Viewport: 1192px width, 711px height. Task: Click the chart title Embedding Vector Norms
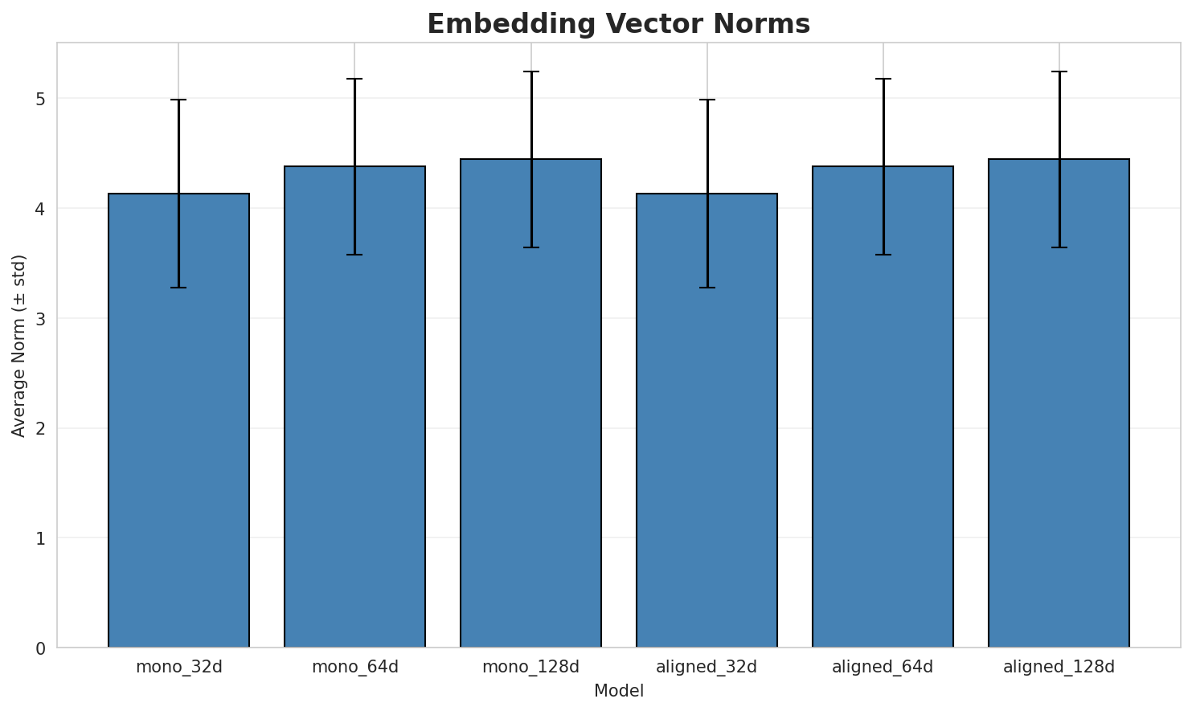(618, 24)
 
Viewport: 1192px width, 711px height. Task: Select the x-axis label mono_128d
(530, 667)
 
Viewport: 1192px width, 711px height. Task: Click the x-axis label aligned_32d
(707, 667)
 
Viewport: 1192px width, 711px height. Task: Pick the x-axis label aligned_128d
(1059, 667)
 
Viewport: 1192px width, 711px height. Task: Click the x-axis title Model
(618, 691)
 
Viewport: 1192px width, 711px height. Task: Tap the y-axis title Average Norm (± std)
(19, 345)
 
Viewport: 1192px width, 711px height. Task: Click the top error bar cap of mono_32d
(178, 100)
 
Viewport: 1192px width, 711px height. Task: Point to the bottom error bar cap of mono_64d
(354, 255)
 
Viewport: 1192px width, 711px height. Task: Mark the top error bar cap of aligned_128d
(1059, 72)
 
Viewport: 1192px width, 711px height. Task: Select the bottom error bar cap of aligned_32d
(707, 288)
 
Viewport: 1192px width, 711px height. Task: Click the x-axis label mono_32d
(178, 667)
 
